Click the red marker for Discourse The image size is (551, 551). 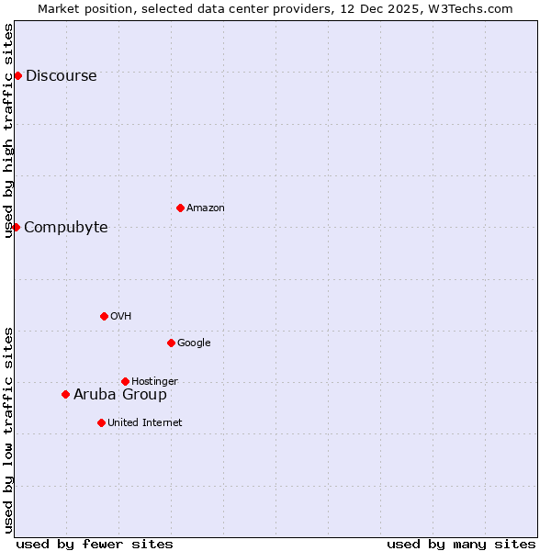click(17, 75)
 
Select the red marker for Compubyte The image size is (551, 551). click(16, 227)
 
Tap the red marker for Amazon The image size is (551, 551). click(180, 208)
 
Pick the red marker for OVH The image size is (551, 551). click(104, 316)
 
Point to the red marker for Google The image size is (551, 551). click(171, 343)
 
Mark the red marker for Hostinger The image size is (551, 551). click(125, 381)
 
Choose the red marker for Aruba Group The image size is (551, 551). click(65, 394)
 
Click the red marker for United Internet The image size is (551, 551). click(101, 422)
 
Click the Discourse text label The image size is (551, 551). click(62, 76)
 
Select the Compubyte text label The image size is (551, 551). click(66, 228)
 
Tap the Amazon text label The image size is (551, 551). click(206, 208)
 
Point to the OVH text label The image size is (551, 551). click(121, 317)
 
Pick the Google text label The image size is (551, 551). click(194, 343)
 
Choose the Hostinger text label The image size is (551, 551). click(154, 382)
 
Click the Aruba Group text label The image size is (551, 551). click(120, 395)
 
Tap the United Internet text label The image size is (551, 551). click(145, 423)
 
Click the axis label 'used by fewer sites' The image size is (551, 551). click(95, 544)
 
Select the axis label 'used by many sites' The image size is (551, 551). click(461, 544)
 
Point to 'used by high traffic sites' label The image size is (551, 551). click(9, 130)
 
